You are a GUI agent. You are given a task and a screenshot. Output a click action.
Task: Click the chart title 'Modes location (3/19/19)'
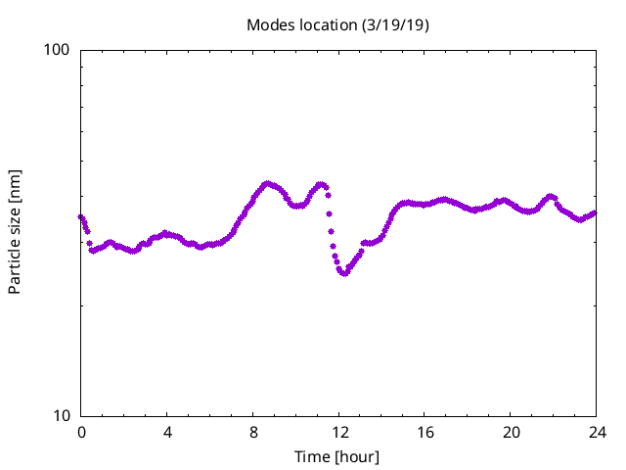[x=337, y=24]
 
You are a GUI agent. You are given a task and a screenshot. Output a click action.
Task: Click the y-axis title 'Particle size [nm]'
[x=15, y=232]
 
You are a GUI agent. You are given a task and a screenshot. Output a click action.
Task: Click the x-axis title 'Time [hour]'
[x=337, y=456]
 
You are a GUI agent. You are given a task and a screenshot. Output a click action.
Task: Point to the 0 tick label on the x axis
[x=81, y=432]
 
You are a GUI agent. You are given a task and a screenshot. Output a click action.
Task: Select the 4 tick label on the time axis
[x=167, y=432]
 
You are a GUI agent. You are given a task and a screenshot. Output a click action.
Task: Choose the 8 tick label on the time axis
[x=253, y=432]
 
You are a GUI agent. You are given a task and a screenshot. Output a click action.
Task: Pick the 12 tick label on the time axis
[x=339, y=432]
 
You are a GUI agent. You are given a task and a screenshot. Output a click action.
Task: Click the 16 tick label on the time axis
[x=425, y=432]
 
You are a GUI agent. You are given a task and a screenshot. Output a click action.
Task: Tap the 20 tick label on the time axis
[x=512, y=432]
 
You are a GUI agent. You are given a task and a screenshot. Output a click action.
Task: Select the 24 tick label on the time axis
[x=597, y=432]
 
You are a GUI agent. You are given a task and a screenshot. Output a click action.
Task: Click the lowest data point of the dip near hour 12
[x=343, y=273]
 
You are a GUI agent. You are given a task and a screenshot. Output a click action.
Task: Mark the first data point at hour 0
[x=81, y=216]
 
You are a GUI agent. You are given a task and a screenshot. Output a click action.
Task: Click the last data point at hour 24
[x=595, y=212]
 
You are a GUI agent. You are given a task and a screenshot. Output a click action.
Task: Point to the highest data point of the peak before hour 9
[x=267, y=183]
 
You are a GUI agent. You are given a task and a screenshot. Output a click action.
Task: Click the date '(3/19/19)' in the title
[x=395, y=24]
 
